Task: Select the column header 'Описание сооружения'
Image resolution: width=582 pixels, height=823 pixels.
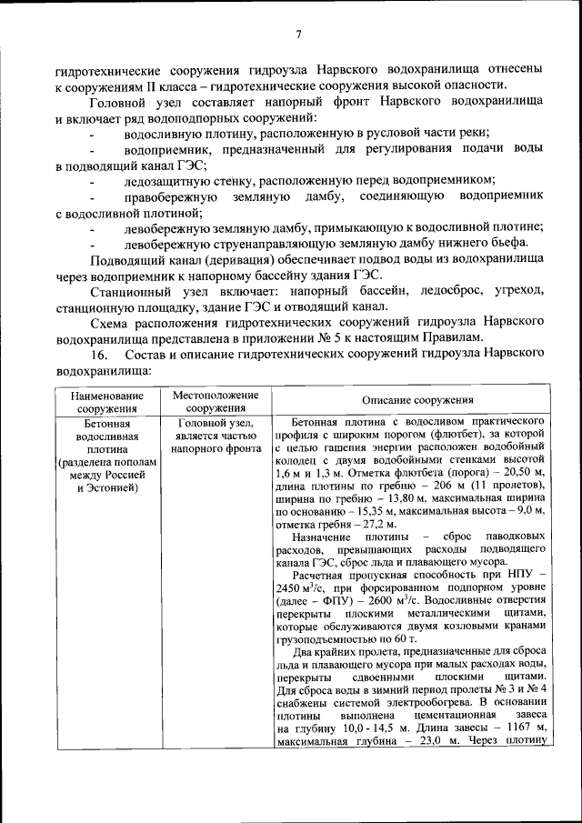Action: pos(417,400)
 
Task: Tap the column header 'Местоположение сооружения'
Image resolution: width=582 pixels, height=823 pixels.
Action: pos(210,401)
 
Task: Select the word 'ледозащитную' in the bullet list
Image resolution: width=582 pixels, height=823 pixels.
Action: pos(163,179)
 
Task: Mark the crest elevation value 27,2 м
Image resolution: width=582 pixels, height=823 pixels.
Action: pos(346,524)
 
